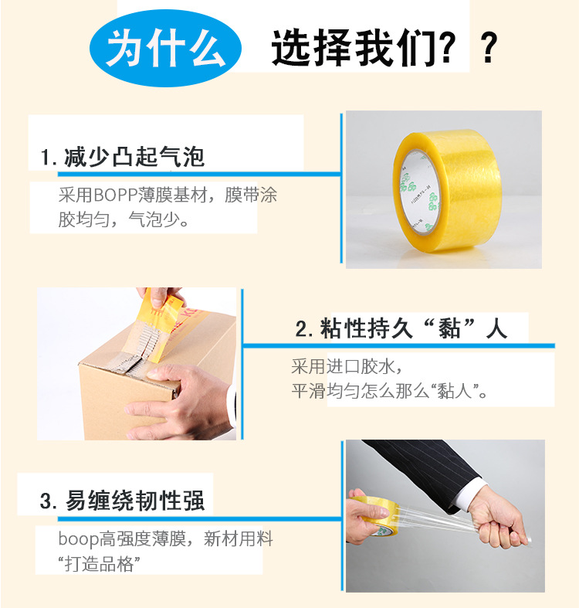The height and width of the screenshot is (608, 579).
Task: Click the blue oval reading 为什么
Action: (165, 48)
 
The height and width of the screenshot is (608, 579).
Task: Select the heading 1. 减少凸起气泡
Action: (124, 158)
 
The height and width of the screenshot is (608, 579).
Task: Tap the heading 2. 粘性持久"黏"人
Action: (401, 329)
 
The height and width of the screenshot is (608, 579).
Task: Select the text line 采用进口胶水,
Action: (346, 365)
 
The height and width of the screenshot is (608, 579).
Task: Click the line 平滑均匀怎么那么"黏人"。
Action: (390, 389)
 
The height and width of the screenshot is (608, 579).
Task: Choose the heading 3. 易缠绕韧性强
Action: (123, 501)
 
